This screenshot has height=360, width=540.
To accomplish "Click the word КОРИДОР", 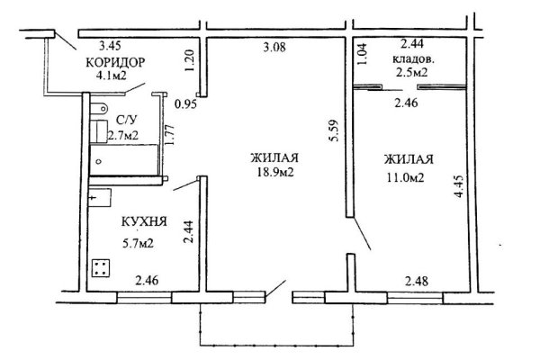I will coord(114,62).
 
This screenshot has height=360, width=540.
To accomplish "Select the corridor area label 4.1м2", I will coord(115,77).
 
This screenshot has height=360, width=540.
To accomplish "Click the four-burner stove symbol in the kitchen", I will coord(102,268).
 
